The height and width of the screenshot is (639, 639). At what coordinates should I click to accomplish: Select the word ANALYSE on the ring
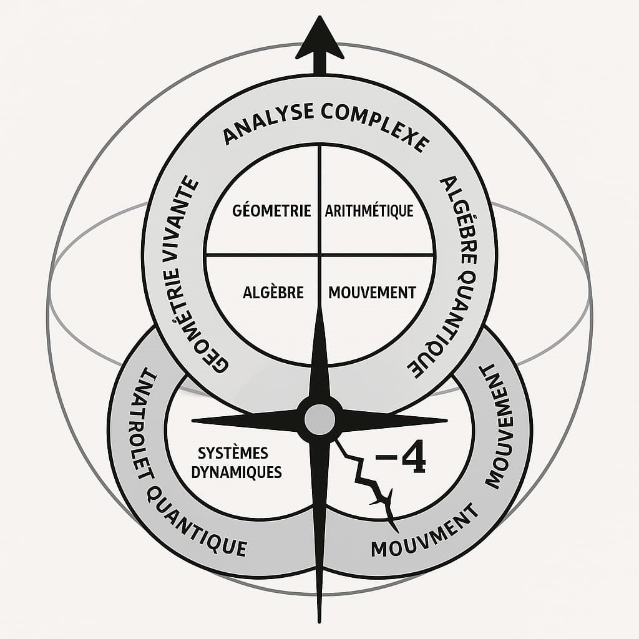267,125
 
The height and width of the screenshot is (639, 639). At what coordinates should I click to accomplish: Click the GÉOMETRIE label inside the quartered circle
271,210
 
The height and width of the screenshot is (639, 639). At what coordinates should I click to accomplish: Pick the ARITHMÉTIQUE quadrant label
369,210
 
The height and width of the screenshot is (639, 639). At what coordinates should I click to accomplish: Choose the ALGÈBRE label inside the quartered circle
273,292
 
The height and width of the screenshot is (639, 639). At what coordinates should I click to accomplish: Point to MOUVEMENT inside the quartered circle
372,292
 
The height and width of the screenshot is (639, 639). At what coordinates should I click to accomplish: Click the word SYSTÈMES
233,452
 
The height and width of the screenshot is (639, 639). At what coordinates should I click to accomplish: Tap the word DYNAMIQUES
237,472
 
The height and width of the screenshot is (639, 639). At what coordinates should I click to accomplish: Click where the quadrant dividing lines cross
319,255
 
